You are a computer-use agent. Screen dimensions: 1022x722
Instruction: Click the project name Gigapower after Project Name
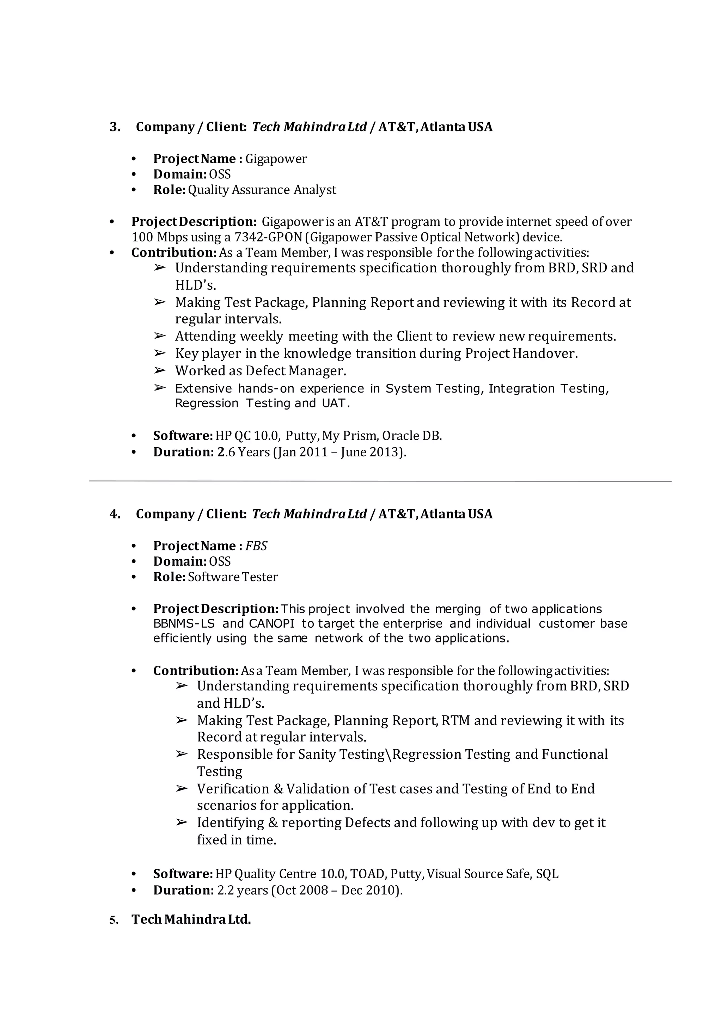point(276,159)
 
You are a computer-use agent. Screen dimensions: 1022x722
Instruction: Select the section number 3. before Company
point(115,127)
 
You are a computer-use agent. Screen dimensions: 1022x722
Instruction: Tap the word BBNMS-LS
point(184,624)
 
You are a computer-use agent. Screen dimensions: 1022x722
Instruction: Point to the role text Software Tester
point(233,577)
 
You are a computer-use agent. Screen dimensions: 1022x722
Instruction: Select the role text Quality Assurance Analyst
point(262,190)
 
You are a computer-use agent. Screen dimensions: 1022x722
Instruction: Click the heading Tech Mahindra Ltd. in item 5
point(191,919)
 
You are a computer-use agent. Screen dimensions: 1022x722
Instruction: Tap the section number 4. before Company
point(115,514)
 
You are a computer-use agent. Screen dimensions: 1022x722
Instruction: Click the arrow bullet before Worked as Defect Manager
point(160,370)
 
